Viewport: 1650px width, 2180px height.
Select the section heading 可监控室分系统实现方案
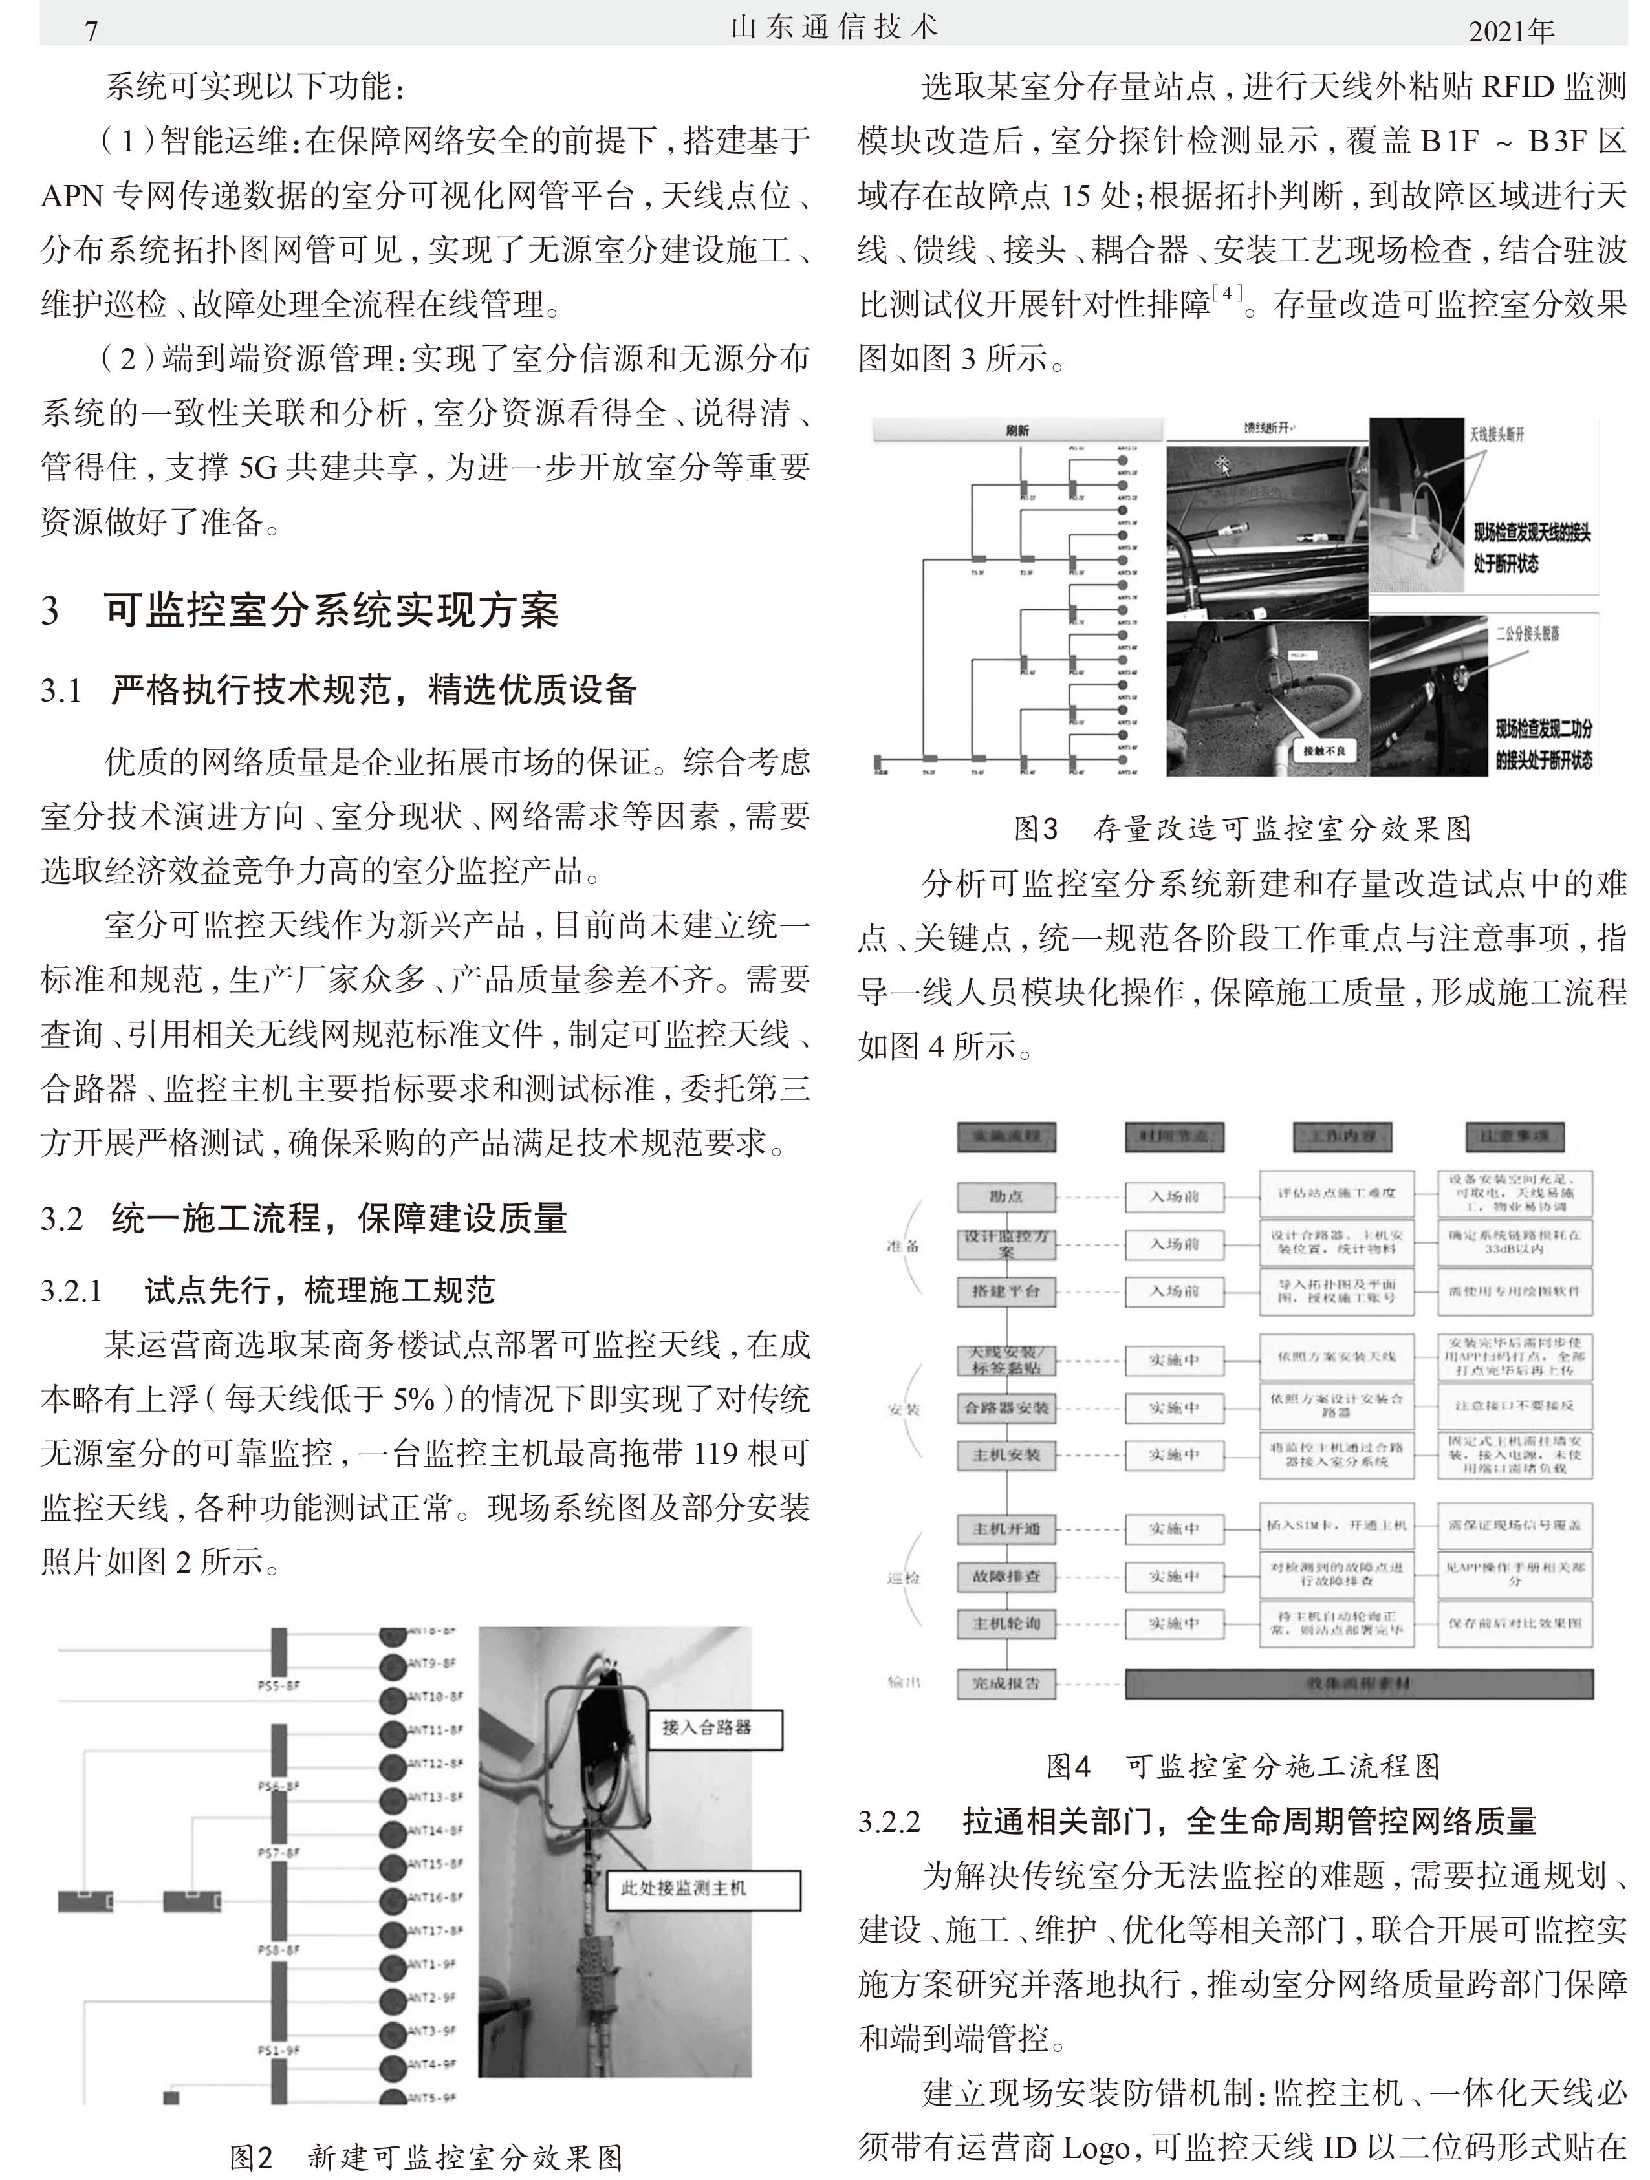tap(331, 610)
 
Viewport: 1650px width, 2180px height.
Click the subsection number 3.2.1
tap(71, 1290)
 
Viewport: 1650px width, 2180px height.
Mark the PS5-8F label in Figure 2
tap(278, 1686)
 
